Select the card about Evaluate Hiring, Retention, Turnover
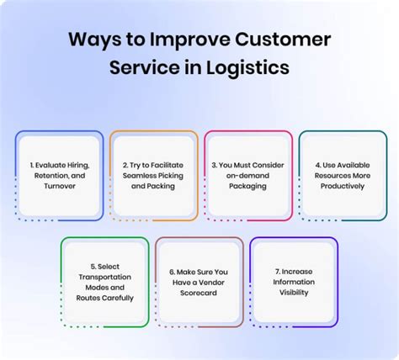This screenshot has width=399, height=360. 58,175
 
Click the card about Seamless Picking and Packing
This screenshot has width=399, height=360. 153,175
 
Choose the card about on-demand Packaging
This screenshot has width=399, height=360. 247,175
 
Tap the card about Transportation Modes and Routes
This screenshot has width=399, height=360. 105,282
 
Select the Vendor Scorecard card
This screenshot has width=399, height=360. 199,282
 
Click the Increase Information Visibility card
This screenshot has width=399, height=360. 294,282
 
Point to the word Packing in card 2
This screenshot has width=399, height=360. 167,186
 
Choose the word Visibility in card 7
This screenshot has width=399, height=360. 294,292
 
